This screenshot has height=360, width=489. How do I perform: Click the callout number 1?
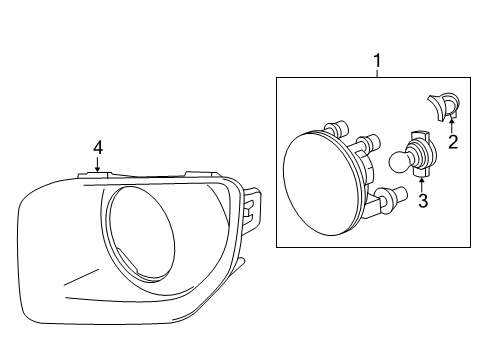377,61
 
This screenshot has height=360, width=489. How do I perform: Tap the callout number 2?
453,142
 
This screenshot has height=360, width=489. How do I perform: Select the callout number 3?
423,201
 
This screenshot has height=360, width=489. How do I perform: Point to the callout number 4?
98,147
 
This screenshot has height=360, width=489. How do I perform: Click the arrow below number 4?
97,164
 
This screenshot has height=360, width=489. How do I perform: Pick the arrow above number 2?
452,126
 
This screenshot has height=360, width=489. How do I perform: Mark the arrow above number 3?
422,185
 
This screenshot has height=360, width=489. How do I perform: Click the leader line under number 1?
377,73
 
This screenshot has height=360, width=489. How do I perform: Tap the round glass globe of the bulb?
399,162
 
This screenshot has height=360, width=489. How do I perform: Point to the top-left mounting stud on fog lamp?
337,128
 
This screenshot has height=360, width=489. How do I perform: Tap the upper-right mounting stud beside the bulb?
368,141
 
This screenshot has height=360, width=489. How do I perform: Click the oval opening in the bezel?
141,232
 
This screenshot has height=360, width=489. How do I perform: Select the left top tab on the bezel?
94,175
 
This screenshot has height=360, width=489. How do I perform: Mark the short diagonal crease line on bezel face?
82,277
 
